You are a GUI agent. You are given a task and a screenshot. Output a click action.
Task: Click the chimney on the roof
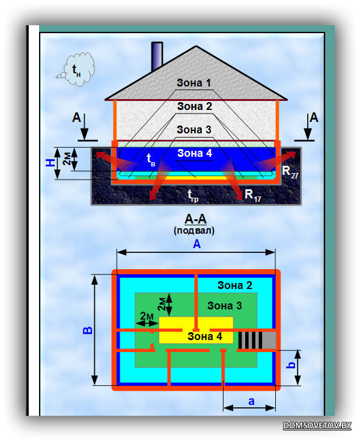(x=157, y=56)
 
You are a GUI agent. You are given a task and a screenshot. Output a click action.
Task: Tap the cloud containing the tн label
(x=76, y=69)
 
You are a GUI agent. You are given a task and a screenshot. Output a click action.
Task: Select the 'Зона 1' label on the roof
(x=194, y=83)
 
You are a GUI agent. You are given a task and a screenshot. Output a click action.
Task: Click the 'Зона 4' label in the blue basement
(x=194, y=153)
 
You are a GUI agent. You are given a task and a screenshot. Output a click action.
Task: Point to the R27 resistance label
(x=290, y=172)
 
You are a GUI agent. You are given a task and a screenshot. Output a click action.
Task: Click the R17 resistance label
(x=253, y=195)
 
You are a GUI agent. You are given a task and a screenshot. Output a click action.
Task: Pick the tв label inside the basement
(x=151, y=160)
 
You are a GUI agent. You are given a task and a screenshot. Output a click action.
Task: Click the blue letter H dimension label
(x=50, y=162)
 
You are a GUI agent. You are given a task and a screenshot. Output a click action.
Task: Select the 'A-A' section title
(x=196, y=219)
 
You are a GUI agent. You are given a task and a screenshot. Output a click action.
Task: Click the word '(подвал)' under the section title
(x=194, y=231)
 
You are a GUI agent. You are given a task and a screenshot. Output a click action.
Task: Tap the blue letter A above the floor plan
(x=197, y=244)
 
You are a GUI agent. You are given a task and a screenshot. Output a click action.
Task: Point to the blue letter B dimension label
(x=88, y=330)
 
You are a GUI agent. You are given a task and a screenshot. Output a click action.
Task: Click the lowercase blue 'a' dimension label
(x=251, y=401)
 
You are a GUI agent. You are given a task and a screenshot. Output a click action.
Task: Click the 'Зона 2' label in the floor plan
(x=234, y=285)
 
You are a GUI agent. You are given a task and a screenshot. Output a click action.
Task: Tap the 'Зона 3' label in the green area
(x=224, y=306)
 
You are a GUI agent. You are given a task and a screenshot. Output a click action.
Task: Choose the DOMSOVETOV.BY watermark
(x=317, y=425)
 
